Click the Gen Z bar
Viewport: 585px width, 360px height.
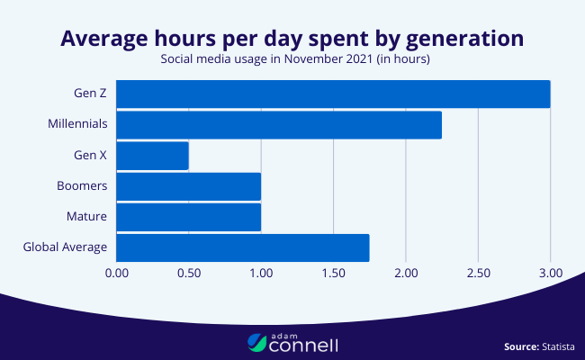pos(333,94)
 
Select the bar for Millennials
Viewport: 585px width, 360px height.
pos(279,125)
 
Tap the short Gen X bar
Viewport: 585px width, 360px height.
pos(152,156)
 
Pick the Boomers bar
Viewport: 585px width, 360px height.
pos(188,186)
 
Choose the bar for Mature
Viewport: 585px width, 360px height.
pos(188,217)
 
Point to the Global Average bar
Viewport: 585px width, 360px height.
pos(243,247)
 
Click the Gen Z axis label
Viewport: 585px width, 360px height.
pos(91,93)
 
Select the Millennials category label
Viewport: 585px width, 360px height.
pos(78,124)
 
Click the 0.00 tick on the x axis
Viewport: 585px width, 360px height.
pos(117,272)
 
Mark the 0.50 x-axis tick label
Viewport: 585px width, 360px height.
pos(189,272)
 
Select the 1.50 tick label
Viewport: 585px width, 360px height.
pos(334,272)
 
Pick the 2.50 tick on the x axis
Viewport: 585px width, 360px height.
pos(478,272)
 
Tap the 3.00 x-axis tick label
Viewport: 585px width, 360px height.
pos(550,272)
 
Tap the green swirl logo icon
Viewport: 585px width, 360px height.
pos(256,342)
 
